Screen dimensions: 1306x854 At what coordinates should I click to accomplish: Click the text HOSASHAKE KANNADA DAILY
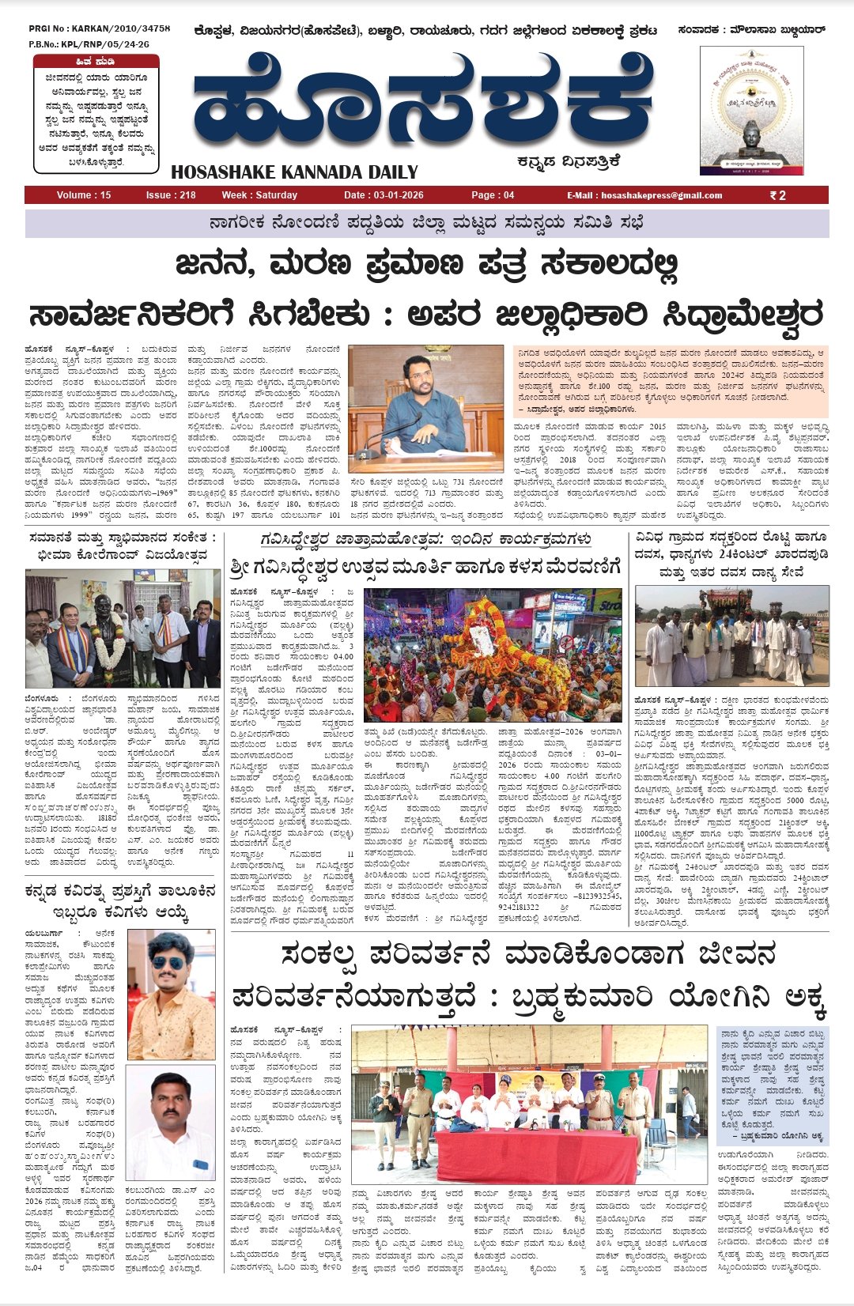(x=294, y=172)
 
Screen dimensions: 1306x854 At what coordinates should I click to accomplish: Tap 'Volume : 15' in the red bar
(x=84, y=195)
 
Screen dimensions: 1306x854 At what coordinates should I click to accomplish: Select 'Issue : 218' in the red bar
(x=171, y=195)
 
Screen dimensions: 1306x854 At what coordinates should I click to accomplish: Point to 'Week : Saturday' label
(x=259, y=195)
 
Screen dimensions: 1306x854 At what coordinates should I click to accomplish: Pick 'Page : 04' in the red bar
(x=493, y=195)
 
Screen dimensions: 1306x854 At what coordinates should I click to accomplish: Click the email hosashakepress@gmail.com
(x=644, y=195)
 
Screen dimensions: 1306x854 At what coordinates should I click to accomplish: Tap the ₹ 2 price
(x=778, y=195)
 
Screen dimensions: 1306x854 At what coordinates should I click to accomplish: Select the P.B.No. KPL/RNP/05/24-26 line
(x=89, y=44)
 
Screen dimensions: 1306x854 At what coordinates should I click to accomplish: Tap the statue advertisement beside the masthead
(x=751, y=111)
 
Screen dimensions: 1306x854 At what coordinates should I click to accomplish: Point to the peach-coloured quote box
(x=671, y=380)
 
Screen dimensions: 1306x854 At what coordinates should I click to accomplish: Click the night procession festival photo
(x=493, y=655)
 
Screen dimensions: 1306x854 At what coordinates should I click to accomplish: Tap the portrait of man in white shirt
(x=170, y=1123)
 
